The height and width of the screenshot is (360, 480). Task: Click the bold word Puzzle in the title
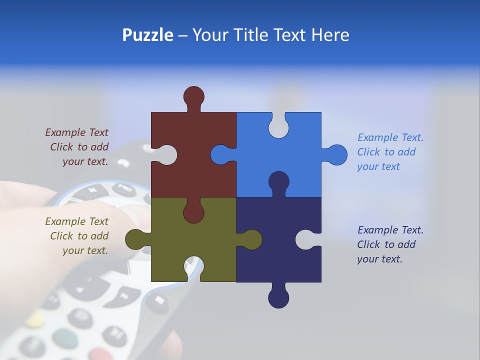pyautogui.click(x=147, y=35)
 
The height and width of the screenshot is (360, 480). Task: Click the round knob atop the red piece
pyautogui.click(x=193, y=96)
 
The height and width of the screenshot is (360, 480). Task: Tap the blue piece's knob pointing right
pyautogui.click(x=336, y=155)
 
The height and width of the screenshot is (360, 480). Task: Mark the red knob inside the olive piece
pyautogui.click(x=193, y=212)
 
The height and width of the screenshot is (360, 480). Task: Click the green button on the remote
pyautogui.click(x=60, y=335)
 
